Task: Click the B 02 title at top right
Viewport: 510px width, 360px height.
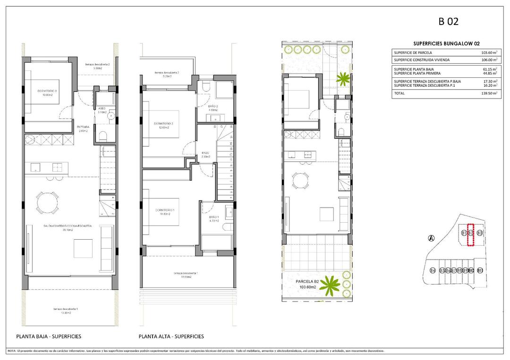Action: [449, 21]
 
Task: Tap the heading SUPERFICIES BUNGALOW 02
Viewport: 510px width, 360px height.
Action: [443, 43]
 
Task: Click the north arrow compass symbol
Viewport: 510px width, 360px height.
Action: [430, 238]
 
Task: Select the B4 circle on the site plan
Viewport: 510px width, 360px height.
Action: [433, 270]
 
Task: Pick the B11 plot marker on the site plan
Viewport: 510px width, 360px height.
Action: [480, 270]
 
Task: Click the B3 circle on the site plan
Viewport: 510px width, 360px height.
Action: [479, 233]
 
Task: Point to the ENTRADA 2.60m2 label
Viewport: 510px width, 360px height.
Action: [84, 129]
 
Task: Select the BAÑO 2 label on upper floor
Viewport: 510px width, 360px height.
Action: [213, 107]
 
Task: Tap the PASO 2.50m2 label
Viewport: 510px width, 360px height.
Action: [205, 154]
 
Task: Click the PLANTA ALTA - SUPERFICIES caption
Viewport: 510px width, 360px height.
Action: [171, 336]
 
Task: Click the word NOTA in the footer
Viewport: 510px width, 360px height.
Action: [12, 351]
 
